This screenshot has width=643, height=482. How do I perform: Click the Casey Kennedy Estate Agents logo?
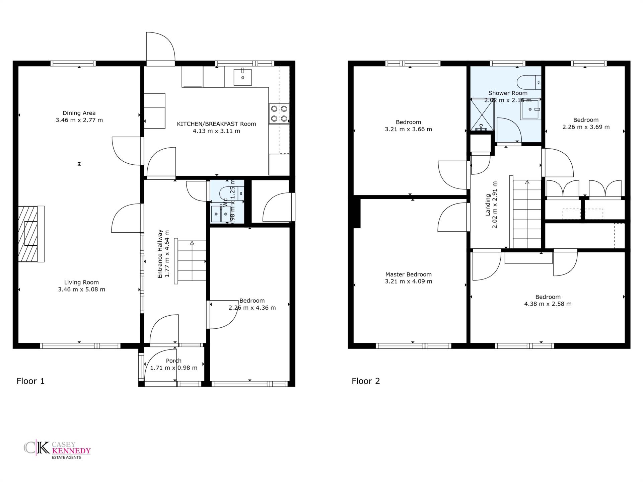tap(57, 450)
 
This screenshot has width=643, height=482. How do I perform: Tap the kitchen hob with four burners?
tap(279, 113)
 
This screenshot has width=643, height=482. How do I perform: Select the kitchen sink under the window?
tap(243, 77)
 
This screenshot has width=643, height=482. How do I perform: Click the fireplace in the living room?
tap(31, 234)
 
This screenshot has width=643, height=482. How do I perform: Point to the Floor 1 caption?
tap(30, 381)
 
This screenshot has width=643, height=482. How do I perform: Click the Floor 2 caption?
tap(366, 381)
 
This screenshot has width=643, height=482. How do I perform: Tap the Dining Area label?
tap(79, 113)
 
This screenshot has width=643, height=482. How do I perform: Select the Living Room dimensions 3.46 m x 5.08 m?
tap(82, 290)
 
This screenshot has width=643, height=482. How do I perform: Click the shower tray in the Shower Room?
tap(483, 114)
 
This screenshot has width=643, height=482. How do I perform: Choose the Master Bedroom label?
tap(409, 274)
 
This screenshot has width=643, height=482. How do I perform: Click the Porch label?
tap(174, 360)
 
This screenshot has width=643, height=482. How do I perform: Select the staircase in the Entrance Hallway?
tap(190, 261)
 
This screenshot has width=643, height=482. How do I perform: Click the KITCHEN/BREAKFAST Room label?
tap(216, 124)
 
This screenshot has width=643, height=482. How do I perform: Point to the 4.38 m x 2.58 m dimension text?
tap(548, 304)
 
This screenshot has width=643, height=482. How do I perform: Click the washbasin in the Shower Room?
tap(531, 109)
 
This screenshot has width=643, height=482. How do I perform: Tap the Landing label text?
tap(488, 205)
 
